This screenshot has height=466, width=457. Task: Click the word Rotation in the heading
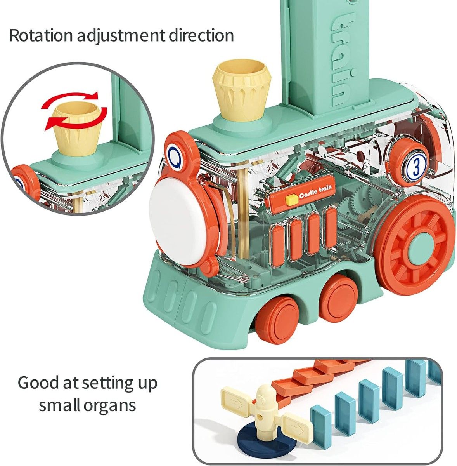coord(41,36)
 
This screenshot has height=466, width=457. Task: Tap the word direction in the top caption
coord(201,36)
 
